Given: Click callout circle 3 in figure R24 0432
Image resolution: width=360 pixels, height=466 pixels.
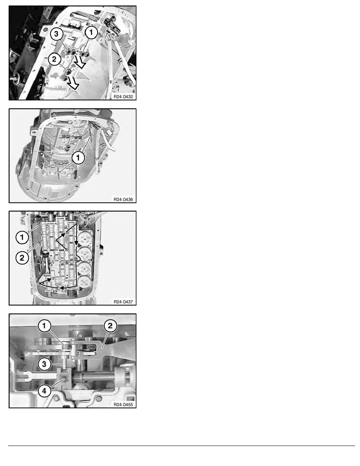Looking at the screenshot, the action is [56, 34].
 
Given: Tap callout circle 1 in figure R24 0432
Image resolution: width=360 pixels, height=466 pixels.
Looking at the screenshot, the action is [91, 32].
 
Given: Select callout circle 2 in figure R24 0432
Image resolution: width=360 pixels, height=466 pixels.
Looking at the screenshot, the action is [54, 59].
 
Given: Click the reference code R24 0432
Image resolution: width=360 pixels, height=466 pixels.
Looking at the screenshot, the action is [123, 96].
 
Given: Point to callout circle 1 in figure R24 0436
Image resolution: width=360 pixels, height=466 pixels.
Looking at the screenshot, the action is [78, 158].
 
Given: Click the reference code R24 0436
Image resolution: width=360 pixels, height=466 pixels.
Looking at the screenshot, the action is [123, 199].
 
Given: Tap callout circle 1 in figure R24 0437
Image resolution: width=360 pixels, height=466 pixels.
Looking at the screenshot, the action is [22, 237].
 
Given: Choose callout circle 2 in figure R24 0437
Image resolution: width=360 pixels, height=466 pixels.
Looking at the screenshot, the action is [22, 257].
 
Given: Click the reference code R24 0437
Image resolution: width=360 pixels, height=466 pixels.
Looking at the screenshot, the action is [123, 302].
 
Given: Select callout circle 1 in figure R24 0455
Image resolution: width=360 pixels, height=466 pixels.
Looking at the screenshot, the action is [44, 326].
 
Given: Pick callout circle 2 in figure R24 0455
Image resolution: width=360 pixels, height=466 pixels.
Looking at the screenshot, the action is [110, 326].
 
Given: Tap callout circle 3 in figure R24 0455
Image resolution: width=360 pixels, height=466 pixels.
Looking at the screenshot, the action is [44, 364].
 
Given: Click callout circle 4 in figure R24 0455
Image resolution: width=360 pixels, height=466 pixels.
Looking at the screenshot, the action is [44, 391].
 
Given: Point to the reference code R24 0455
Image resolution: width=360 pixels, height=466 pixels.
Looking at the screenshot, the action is [123, 404].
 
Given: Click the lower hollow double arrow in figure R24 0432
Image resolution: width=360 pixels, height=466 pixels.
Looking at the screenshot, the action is [73, 83].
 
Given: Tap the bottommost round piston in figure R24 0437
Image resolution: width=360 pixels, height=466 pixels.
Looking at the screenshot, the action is [84, 281].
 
